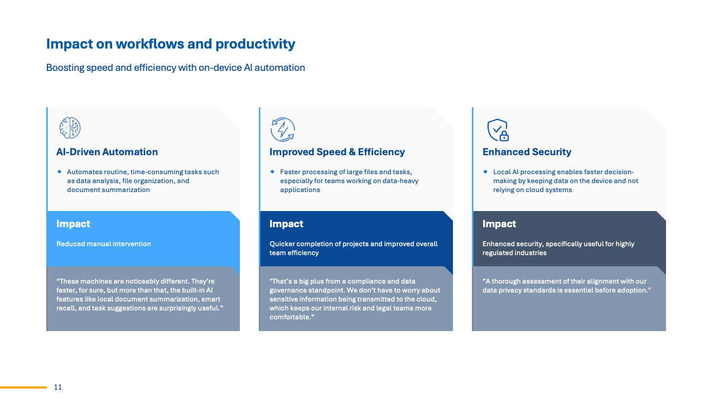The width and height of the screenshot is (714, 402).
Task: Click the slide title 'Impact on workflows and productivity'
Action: [170, 44]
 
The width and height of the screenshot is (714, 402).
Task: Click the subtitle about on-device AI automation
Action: [175, 68]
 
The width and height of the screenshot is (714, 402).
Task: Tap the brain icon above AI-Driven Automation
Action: [70, 128]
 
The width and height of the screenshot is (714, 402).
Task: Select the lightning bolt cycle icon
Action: [283, 130]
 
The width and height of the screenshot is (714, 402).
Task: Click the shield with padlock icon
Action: [498, 130]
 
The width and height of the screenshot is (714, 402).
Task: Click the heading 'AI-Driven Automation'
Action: [107, 152]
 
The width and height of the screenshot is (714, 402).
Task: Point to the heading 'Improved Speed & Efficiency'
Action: [337, 152]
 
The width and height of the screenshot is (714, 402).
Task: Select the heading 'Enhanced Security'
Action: [527, 152]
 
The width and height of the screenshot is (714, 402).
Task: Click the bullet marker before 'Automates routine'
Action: [59, 172]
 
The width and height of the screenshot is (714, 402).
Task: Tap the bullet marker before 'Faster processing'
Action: [272, 172]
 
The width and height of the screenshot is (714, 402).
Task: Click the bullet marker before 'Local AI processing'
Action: [485, 172]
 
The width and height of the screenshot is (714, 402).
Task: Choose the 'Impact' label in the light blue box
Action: [73, 224]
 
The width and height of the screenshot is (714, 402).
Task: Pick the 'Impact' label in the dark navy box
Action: [286, 224]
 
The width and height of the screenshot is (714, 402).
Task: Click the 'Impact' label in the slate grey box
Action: [499, 224]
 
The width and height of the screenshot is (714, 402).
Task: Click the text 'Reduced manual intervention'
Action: [104, 244]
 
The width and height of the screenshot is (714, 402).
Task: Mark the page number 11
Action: [58, 387]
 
